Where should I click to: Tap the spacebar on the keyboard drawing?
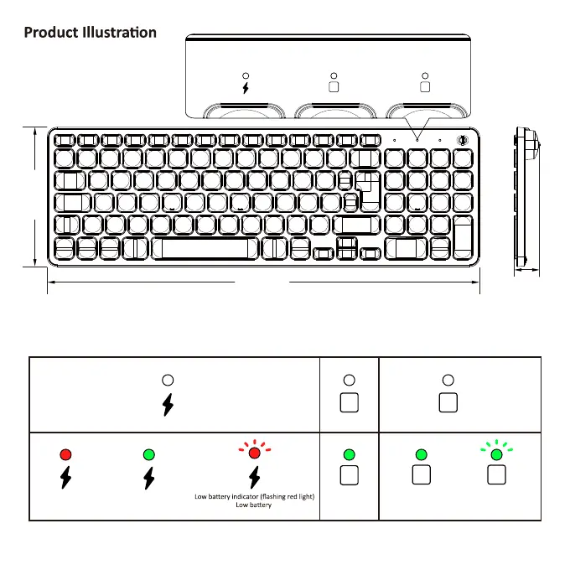[205, 249]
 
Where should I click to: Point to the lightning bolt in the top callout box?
[246, 87]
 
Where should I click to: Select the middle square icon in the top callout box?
[334, 86]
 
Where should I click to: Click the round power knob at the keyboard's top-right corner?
[462, 141]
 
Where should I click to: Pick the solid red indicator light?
[66, 454]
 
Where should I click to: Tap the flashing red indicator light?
[255, 453]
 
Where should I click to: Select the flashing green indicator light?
[496, 454]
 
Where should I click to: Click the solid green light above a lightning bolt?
[148, 454]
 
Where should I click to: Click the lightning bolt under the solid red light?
[66, 478]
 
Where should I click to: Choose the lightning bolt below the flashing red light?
[255, 478]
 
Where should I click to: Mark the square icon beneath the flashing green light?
[496, 476]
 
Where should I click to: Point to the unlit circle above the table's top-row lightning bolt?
[168, 380]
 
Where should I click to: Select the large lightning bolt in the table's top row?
[168, 404]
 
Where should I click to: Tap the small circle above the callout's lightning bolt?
[246, 75]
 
